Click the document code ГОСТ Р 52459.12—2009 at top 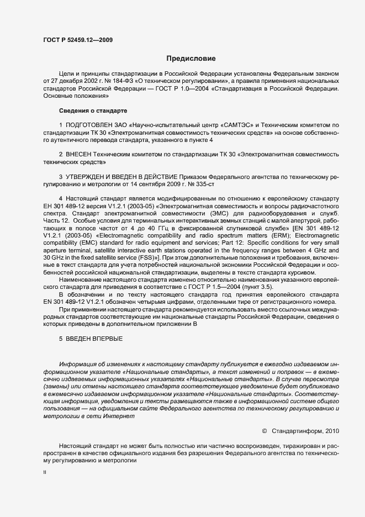[x=79, y=40]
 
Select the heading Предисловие [x=191, y=58]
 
